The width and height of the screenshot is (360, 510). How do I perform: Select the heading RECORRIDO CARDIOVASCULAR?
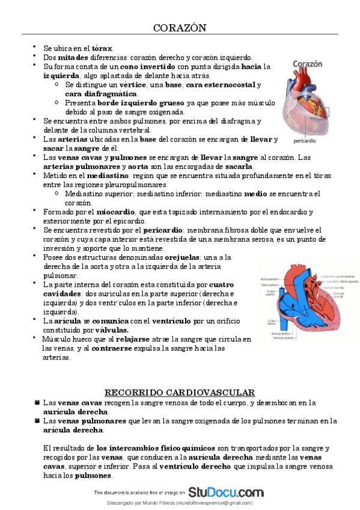(180, 392)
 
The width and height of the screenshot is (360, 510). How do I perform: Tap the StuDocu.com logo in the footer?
(226, 492)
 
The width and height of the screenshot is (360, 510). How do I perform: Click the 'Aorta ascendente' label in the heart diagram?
(269, 279)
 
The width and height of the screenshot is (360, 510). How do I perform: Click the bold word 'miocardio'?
(114, 212)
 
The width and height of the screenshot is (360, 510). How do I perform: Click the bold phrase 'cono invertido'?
(148, 66)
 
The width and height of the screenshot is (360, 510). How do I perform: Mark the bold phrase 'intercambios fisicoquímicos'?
(157, 449)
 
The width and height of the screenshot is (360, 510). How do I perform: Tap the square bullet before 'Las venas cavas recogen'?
(37, 402)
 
